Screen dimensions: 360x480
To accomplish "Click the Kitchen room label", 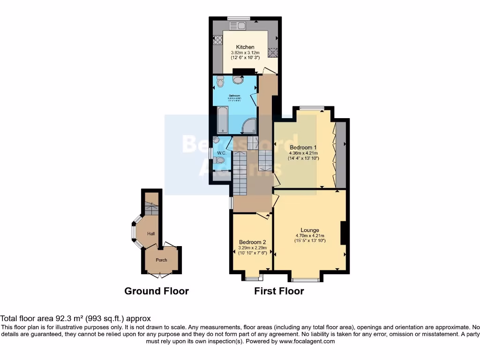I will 245,47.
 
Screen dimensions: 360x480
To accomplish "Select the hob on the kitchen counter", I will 218,41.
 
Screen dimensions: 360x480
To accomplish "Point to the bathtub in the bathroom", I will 221,120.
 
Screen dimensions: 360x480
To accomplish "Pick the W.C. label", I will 222,153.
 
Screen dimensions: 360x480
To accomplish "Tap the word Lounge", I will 310,230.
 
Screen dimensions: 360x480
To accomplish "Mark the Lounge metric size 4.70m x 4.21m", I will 310,236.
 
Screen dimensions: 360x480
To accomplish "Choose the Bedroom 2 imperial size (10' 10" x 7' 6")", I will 252,253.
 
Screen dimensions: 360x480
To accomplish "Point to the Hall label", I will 151,233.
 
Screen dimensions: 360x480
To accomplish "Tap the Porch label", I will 161,260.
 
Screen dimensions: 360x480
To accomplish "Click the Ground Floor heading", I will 157,291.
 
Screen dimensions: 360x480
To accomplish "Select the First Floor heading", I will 279,291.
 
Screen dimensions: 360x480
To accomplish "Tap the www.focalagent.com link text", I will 307,342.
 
